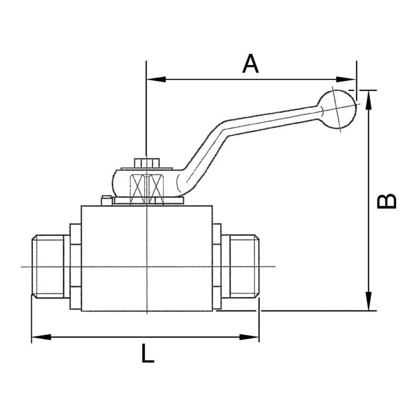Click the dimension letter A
[x=250, y=64]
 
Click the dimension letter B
[x=387, y=201]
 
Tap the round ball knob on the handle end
[x=337, y=109]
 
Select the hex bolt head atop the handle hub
[x=147, y=163]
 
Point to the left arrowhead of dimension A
[x=156, y=79]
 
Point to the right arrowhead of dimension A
[x=346, y=79]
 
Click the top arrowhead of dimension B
[x=368, y=100]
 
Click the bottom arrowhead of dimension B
[x=368, y=301]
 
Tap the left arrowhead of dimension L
[x=41, y=337]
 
